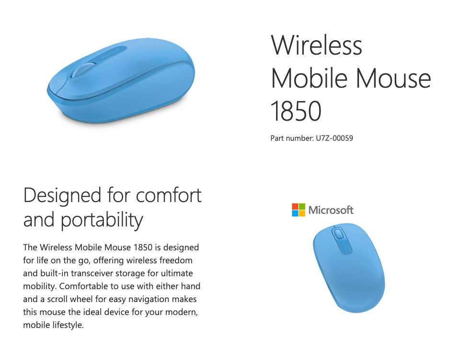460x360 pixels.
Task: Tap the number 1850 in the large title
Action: click(296, 111)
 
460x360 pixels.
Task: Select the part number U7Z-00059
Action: click(334, 138)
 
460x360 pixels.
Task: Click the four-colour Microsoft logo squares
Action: click(299, 210)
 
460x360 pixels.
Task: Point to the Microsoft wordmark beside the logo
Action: click(331, 210)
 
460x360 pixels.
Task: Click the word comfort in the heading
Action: click(169, 195)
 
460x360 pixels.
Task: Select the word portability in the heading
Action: click(102, 220)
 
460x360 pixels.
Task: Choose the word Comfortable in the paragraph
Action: click(83, 286)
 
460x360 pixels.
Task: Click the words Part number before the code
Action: click(292, 138)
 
